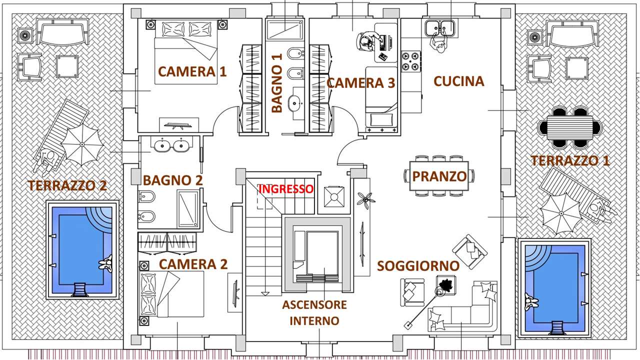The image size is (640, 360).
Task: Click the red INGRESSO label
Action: point(285,189)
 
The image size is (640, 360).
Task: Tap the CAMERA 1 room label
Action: point(192,71)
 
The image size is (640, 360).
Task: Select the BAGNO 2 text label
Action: point(172,180)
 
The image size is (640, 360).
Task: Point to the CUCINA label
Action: point(458,81)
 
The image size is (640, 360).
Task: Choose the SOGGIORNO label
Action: point(418,265)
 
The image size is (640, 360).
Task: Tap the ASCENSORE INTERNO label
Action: point(314,312)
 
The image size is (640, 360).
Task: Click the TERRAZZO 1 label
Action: point(570,160)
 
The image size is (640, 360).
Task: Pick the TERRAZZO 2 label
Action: point(67,185)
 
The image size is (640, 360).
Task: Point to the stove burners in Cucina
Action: point(411,61)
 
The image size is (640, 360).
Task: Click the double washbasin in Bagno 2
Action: point(170,145)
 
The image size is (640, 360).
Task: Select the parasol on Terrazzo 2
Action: point(81,146)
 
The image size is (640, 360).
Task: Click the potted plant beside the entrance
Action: point(365,199)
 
